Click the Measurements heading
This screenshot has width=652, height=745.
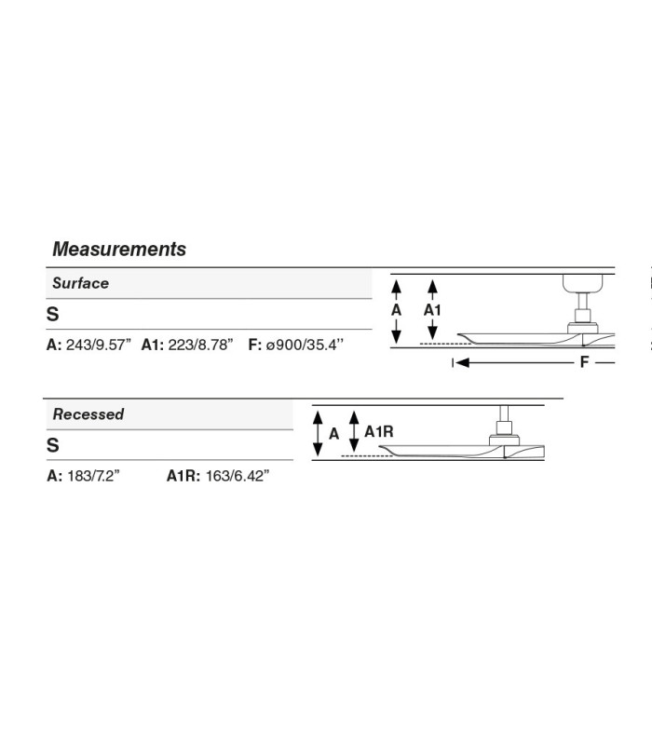(119, 249)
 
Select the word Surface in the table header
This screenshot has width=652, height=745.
(80, 283)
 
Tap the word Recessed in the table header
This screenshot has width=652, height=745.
(88, 413)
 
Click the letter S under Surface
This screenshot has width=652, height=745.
(53, 314)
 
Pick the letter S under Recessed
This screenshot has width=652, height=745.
(53, 445)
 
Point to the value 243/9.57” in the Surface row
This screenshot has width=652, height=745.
(99, 345)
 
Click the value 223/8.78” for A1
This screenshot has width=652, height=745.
(200, 345)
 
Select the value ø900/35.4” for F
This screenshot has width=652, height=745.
(305, 345)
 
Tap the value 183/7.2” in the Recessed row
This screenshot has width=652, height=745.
(94, 476)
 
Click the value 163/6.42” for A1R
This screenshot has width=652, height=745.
(238, 476)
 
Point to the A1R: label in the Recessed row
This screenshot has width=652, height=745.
(183, 476)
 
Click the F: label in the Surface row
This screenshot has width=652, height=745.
(255, 345)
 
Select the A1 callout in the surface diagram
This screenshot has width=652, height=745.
(432, 310)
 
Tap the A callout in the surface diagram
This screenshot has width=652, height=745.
(397, 310)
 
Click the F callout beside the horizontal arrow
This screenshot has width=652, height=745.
(585, 362)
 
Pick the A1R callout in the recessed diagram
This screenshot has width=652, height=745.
(379, 431)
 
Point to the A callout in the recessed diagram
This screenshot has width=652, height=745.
(334, 433)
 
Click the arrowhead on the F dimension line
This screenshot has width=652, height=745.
(462, 362)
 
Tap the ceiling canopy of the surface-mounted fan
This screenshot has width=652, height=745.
(583, 283)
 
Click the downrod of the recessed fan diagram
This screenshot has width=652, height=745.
(504, 413)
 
